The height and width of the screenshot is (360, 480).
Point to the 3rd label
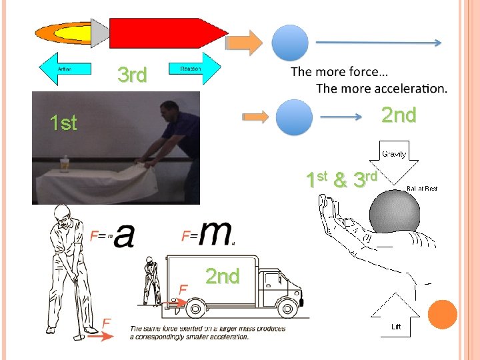click(131, 75)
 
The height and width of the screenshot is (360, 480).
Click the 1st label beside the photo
click(63, 123)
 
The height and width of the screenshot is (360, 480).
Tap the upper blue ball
click(291, 43)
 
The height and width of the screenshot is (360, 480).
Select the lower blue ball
click(294, 117)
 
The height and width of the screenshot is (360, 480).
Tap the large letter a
click(124, 234)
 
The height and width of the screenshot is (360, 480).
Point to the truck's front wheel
click(287, 308)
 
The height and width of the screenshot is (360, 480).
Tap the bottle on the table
click(65, 162)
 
